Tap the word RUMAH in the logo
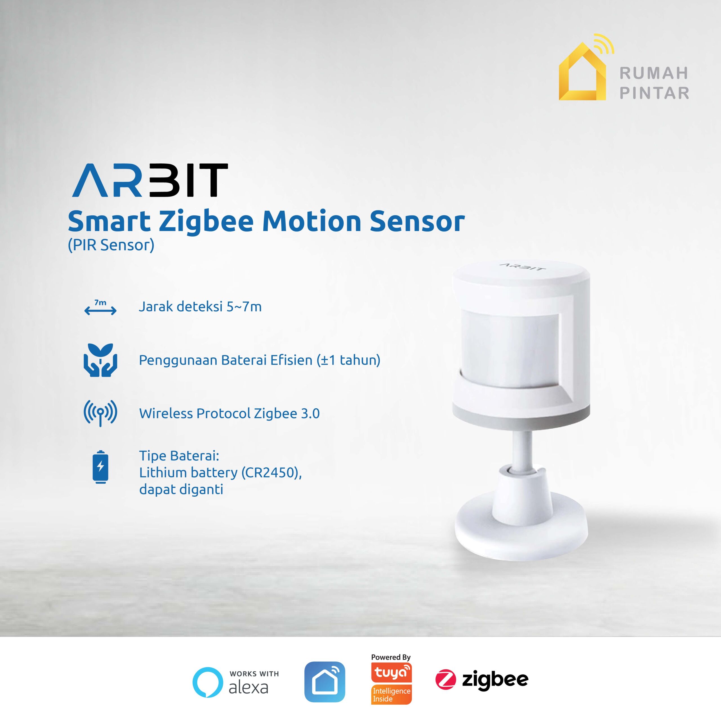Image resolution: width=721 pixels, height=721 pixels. [x=654, y=73]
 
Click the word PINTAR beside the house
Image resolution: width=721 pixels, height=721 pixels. [x=654, y=93]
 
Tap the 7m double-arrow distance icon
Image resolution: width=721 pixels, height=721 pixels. [x=100, y=308]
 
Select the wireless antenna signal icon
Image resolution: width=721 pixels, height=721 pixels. [x=100, y=413]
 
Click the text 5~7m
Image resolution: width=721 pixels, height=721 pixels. [x=244, y=307]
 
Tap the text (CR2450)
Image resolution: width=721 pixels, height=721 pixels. [x=271, y=473]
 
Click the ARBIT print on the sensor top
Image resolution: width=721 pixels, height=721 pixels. [x=522, y=266]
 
